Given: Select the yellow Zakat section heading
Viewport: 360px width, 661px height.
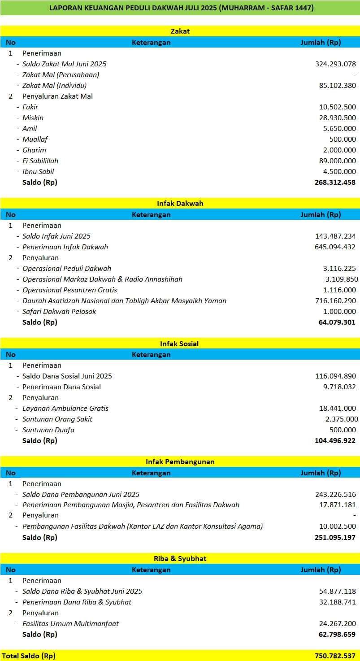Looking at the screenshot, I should tap(180, 31).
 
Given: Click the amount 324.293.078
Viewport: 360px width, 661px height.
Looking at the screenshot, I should tap(335, 64).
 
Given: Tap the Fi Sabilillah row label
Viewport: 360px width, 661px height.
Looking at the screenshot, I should tap(40, 161).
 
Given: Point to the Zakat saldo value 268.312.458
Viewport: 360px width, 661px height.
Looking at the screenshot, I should tap(335, 182).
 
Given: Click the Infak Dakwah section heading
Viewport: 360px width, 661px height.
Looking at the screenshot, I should tap(180, 203).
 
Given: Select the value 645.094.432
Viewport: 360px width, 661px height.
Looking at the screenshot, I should tap(335, 247).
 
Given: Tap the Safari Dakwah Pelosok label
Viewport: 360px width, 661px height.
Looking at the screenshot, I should tap(59, 311).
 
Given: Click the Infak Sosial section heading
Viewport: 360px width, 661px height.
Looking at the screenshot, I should tap(179, 344).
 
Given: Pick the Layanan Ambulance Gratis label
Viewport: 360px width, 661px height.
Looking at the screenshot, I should tap(65, 408).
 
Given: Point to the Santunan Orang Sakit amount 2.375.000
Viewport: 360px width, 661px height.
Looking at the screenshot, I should tap(342, 419).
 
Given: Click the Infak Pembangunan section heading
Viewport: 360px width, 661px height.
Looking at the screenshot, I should tap(180, 461).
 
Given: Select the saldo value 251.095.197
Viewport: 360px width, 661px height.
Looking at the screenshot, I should tap(335, 537).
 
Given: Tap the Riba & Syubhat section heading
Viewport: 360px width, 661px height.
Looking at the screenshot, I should tap(180, 558).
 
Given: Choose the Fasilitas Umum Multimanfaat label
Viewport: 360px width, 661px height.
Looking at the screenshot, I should tap(70, 623).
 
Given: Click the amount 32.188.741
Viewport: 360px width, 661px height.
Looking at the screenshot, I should tap(337, 602).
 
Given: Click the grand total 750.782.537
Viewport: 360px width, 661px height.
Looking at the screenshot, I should tap(335, 656).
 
